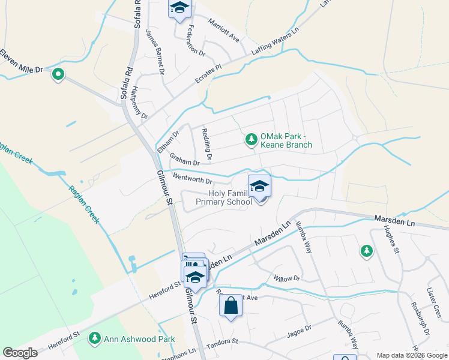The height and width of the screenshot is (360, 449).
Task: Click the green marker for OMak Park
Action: pyautogui.click(x=251, y=140)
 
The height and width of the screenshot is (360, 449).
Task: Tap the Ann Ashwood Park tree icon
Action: pyautogui.click(x=94, y=339)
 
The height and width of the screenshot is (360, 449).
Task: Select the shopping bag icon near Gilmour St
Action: pyautogui.click(x=231, y=307)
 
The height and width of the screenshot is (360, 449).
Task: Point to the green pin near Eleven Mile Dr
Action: pyautogui.click(x=58, y=75)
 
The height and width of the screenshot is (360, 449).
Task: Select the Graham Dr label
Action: pyautogui.click(x=184, y=160)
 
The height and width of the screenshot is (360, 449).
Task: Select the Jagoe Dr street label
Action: pyautogui.click(x=300, y=329)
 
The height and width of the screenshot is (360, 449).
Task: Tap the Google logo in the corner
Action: pyautogui.click(x=20, y=353)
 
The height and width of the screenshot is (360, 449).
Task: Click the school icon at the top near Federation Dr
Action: pyautogui.click(x=179, y=8)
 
